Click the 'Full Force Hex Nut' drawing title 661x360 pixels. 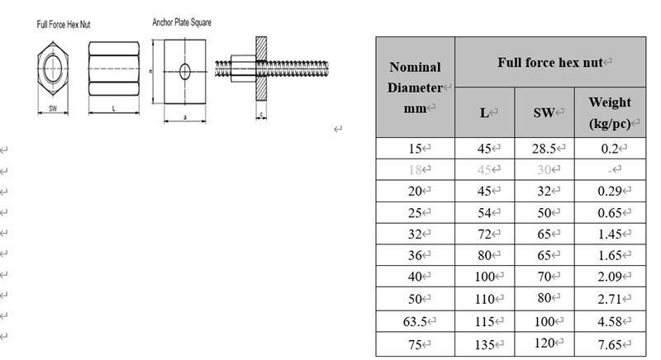point(64,25)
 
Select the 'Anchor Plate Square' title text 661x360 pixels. point(182,22)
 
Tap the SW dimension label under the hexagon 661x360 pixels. point(53,108)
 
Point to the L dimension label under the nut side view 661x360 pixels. point(113,108)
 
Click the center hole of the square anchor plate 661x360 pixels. point(184,72)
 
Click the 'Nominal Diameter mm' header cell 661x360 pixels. point(416,88)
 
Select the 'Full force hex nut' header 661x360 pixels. point(550,62)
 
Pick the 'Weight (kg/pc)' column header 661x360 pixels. point(610,112)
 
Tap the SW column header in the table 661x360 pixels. point(544,112)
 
